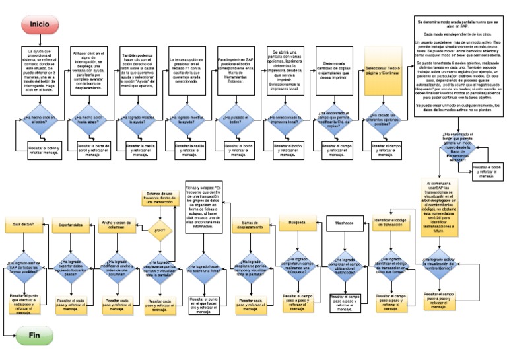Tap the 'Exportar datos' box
[71, 225]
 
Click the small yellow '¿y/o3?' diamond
[159, 230]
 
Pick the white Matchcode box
[344, 223]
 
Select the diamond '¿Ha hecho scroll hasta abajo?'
[86, 120]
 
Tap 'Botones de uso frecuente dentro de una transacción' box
[159, 198]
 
